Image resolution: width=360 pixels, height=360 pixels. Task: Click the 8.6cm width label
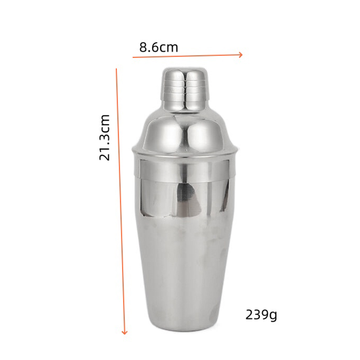point(159,48)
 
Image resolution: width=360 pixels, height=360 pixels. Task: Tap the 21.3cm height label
point(104,137)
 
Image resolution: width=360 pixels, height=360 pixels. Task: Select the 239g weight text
point(261,315)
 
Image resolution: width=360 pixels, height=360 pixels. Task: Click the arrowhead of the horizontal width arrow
point(241,55)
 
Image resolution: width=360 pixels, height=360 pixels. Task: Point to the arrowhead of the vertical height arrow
point(125,332)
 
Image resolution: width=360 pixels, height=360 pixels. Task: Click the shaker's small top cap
point(185,90)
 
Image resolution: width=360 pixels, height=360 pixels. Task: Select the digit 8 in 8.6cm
point(143,48)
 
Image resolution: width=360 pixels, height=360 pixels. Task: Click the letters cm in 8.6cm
point(169,49)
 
